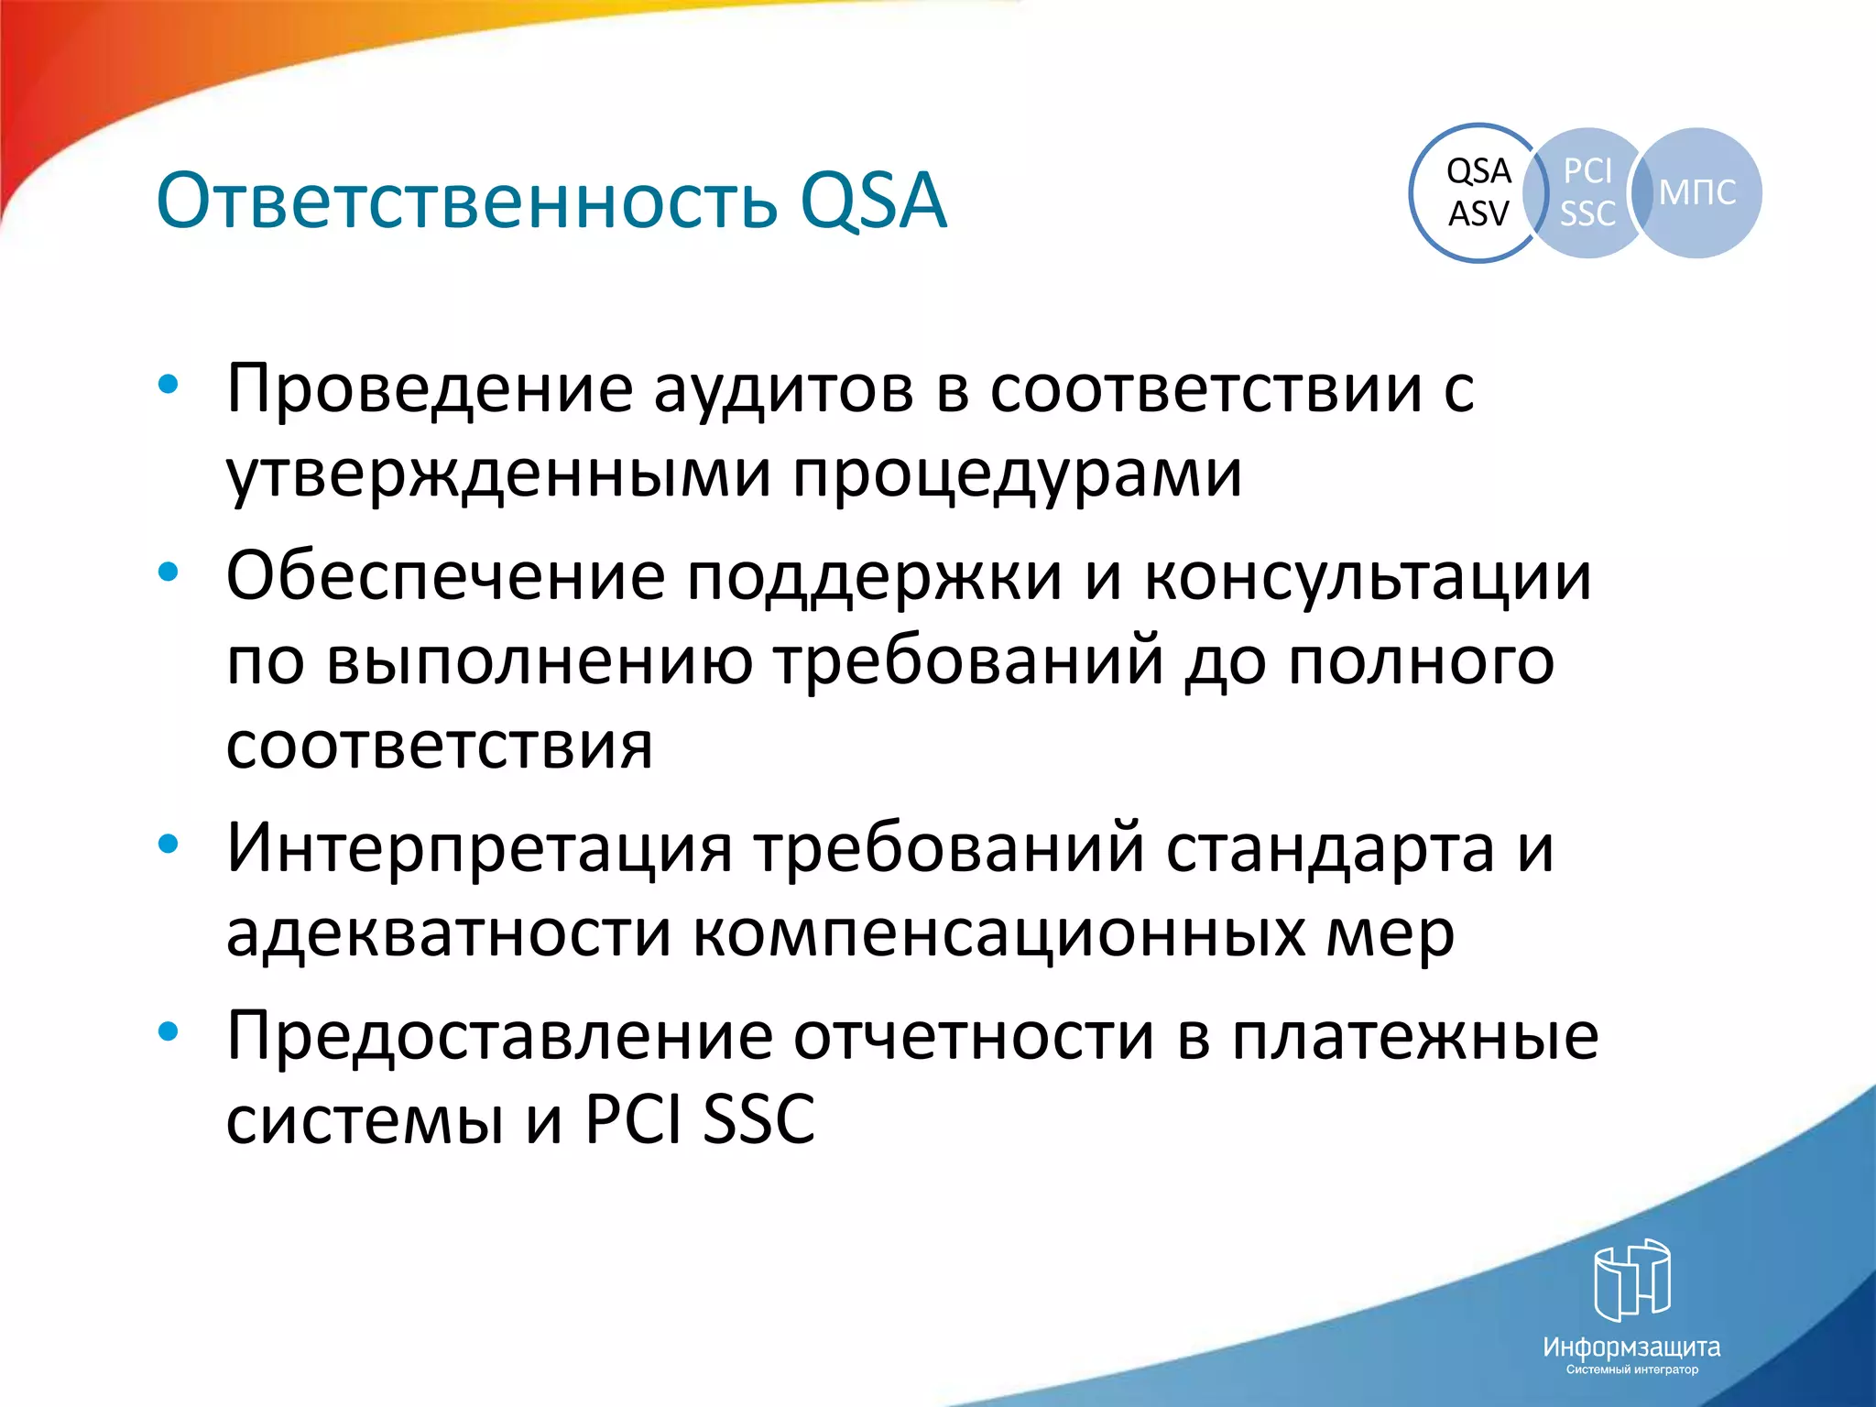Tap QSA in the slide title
(872, 202)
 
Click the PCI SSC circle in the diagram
(1587, 192)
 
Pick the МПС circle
(1697, 192)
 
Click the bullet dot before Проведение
(168, 386)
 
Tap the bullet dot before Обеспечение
(168, 573)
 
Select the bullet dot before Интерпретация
(168, 844)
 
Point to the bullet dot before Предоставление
(168, 1031)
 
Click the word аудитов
(783, 390)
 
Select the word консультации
(1368, 578)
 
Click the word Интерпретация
(479, 848)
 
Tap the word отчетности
(974, 1037)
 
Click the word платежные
(1414, 1037)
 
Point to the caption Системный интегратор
(1632, 1369)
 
